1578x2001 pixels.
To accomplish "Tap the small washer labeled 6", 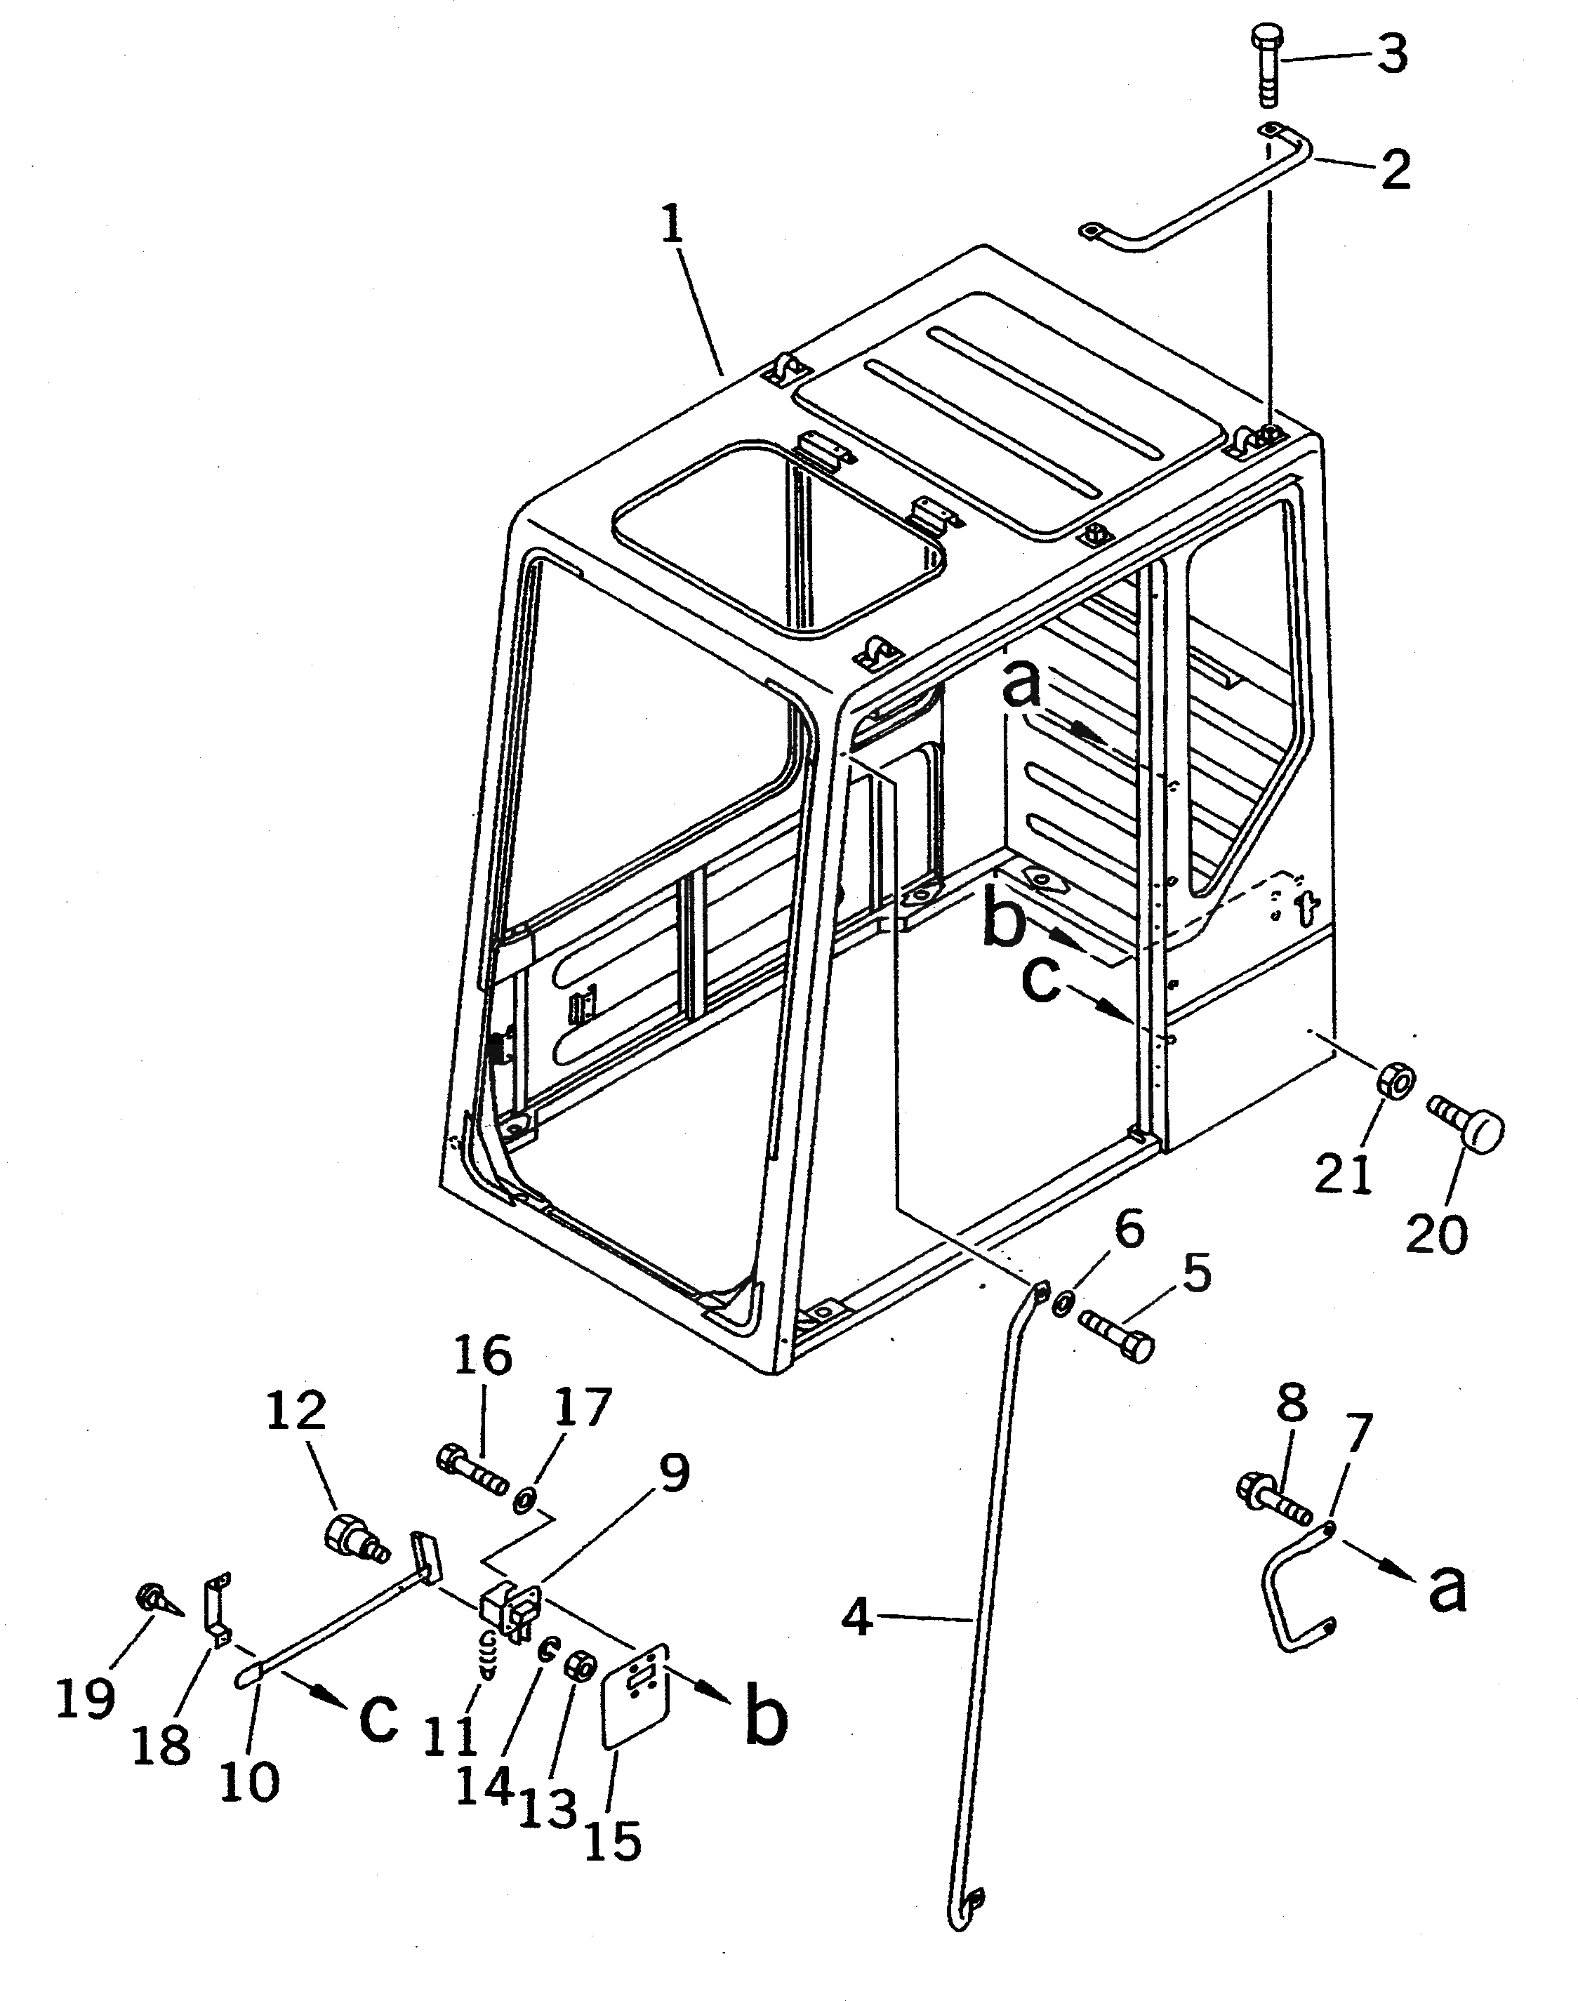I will pos(1063,1303).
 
